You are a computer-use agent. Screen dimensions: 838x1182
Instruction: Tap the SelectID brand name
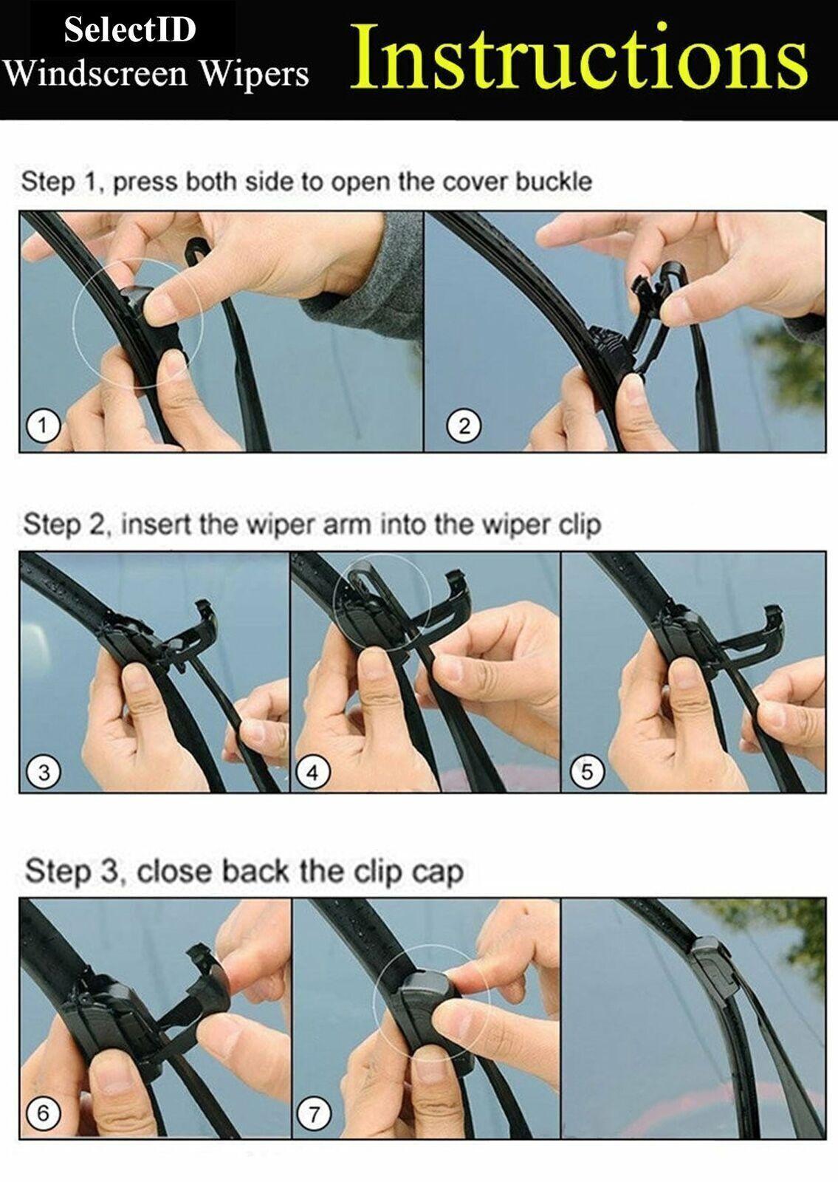tap(130, 29)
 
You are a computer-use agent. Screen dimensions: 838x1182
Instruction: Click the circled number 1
tap(44, 426)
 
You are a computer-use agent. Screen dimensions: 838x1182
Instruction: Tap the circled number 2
tap(464, 426)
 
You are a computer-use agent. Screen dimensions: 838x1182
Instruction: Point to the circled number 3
tap(44, 773)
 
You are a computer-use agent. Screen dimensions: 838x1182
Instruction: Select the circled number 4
tap(313, 773)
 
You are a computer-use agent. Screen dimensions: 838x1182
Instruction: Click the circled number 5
tap(587, 772)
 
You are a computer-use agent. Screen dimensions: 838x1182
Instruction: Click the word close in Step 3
tap(174, 871)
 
